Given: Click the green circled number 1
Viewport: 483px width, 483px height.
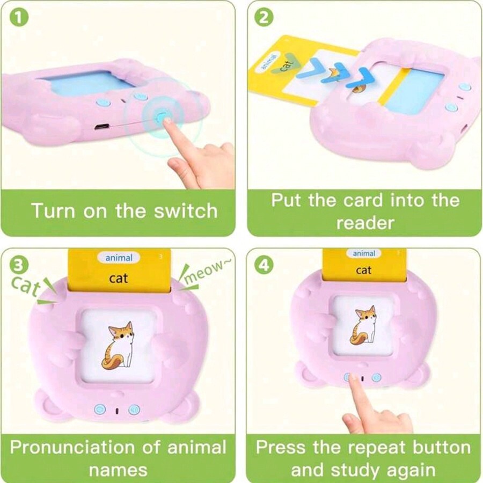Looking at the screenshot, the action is (19, 18).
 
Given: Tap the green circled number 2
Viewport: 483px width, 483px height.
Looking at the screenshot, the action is (264, 18).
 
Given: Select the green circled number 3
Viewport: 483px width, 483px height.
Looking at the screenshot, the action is (19, 265).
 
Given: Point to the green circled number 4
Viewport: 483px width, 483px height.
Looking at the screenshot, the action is (264, 265).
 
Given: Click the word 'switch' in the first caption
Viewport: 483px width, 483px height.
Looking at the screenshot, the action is (186, 211).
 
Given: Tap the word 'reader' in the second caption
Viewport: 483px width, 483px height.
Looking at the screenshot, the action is (365, 223).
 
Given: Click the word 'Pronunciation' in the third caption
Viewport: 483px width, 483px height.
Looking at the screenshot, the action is (72, 447).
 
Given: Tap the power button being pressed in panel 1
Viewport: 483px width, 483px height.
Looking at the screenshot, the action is (162, 118).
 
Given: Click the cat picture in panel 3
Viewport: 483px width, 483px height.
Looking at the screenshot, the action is (118, 345).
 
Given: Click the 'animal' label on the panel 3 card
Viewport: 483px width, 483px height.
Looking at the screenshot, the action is (119, 258).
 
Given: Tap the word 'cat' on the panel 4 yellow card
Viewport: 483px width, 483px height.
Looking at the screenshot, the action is (363, 270).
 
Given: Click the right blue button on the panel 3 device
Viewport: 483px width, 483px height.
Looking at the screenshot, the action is (134, 409).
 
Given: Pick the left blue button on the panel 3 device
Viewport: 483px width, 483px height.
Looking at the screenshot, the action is (100, 409).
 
